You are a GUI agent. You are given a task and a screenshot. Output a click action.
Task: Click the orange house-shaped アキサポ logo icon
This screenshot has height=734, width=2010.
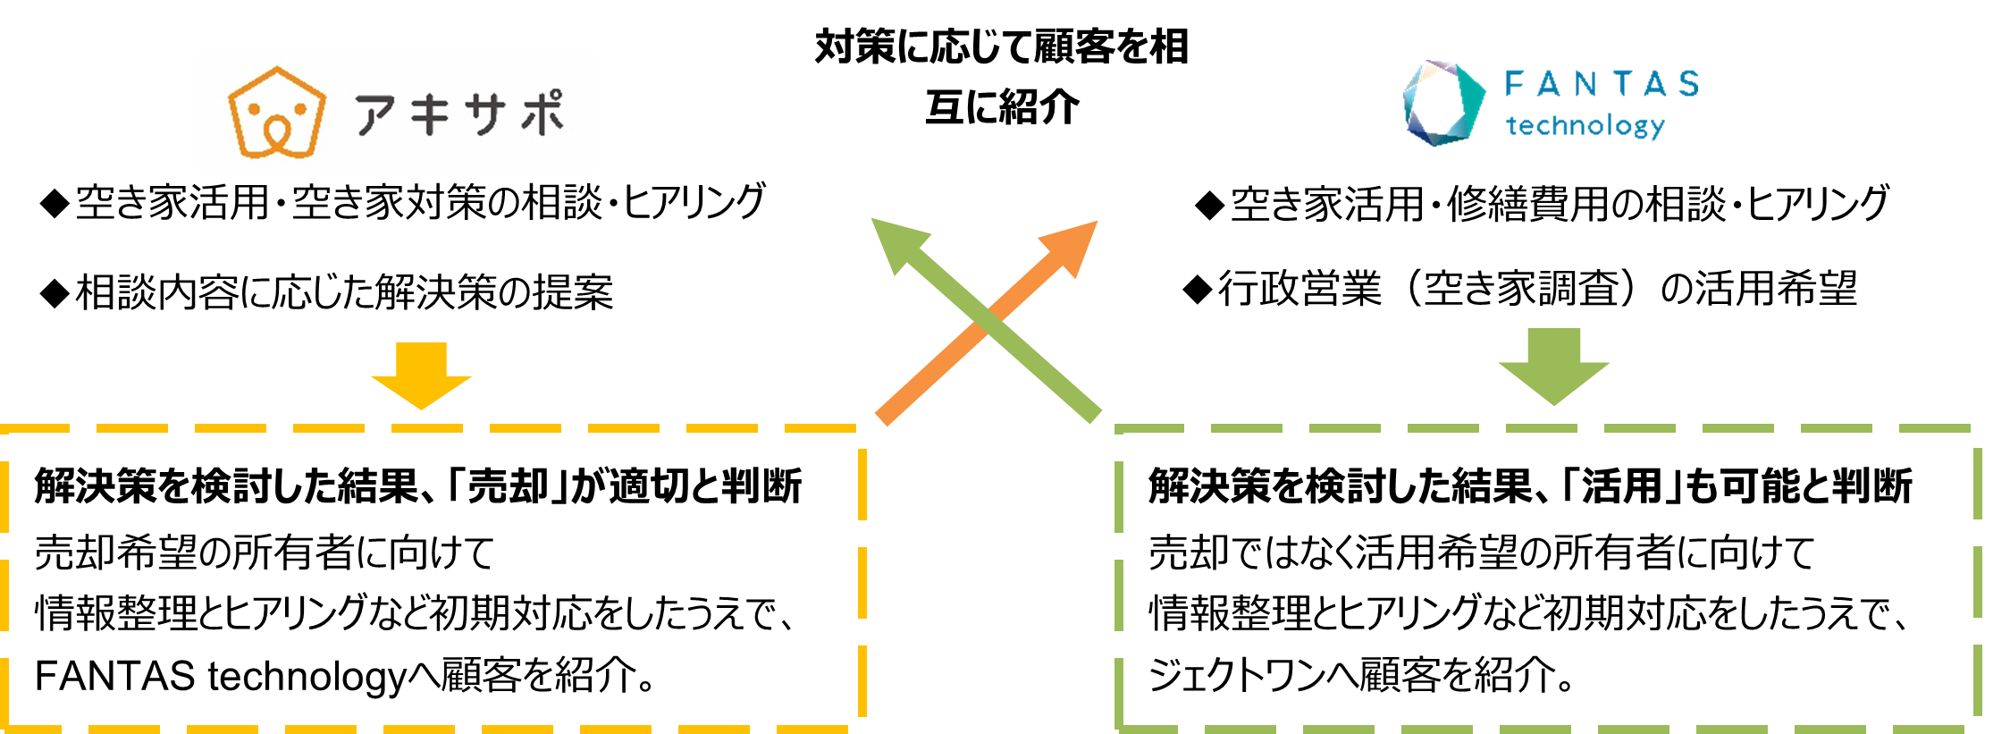(x=276, y=114)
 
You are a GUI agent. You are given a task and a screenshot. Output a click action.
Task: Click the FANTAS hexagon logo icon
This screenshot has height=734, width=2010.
(x=1442, y=103)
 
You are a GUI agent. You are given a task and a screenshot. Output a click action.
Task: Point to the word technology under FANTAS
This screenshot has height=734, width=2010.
(x=1585, y=126)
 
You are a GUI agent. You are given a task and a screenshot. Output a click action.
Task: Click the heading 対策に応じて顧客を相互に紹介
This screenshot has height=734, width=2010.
(x=1001, y=76)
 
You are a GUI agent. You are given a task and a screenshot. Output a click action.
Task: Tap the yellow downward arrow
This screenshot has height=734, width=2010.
(x=421, y=375)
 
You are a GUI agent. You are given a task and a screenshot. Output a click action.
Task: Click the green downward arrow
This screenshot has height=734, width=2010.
(x=1553, y=367)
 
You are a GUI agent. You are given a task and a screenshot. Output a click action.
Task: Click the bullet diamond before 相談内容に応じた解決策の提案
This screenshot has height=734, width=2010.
(x=55, y=293)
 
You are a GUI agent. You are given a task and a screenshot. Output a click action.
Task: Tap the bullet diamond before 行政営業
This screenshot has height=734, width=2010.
(x=1197, y=290)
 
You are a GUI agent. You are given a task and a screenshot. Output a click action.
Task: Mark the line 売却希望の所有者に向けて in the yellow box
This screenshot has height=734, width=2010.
(x=265, y=553)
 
